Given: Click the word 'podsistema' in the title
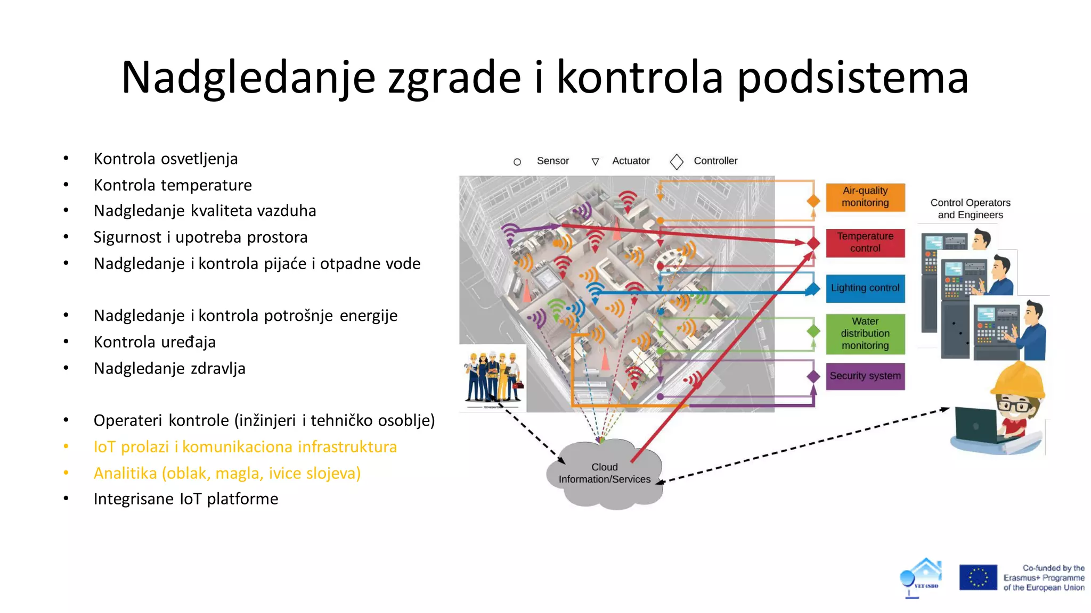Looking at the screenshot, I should (x=852, y=78).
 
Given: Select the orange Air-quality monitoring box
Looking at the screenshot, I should (x=865, y=197).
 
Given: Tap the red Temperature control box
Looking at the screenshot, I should (x=865, y=243).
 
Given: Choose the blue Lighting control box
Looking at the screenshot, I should (x=865, y=288).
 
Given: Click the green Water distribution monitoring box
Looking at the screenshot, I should (x=865, y=334).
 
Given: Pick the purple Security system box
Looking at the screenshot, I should (x=865, y=376).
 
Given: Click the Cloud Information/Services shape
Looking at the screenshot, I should (x=605, y=474).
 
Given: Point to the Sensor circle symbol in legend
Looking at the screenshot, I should (x=517, y=162).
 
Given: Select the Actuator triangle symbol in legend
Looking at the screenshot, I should (x=595, y=162).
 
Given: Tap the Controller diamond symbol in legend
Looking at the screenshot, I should (x=677, y=162).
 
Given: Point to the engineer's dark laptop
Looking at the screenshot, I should (x=976, y=426).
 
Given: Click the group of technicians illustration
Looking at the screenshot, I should (x=493, y=378).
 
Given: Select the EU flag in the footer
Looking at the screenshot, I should (x=978, y=577).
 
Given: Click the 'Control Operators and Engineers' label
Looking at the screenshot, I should (x=970, y=209).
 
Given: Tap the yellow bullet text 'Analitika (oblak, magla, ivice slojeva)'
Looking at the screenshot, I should (x=227, y=473).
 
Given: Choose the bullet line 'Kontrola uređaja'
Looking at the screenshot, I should (x=154, y=342).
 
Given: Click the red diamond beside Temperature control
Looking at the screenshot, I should (x=813, y=243).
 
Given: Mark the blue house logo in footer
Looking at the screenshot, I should (x=922, y=577).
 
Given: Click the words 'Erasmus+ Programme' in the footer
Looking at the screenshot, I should (x=1044, y=578).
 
